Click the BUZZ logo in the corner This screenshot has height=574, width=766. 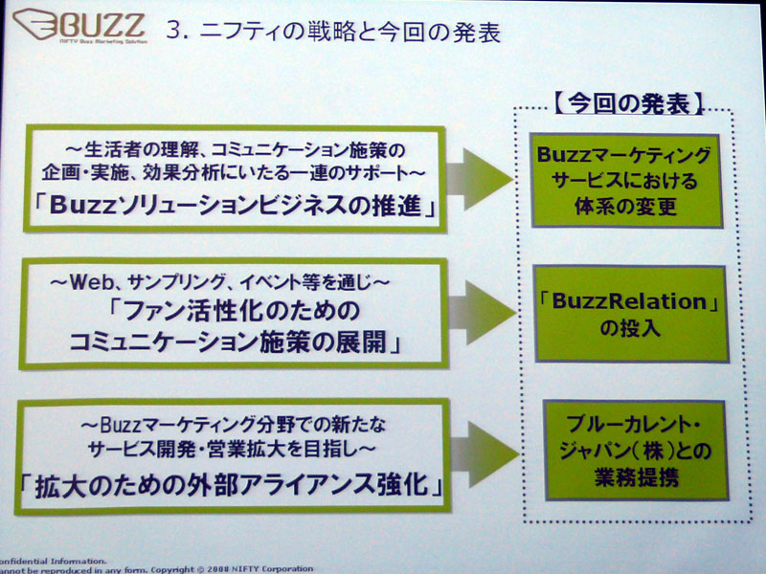point(79,27)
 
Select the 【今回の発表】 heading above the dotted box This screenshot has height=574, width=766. point(629,103)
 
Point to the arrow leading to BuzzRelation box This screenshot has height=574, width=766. point(483,313)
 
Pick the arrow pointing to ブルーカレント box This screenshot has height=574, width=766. point(484,453)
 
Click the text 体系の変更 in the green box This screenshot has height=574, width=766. point(626,207)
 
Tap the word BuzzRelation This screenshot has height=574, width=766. point(629,301)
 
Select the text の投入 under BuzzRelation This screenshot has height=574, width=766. point(630,328)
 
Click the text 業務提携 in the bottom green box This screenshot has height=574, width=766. point(637,476)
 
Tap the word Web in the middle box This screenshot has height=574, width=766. point(91,282)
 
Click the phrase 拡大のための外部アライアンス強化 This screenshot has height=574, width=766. point(231,486)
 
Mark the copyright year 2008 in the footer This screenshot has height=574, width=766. point(218,569)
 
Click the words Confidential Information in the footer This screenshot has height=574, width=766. point(53,562)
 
